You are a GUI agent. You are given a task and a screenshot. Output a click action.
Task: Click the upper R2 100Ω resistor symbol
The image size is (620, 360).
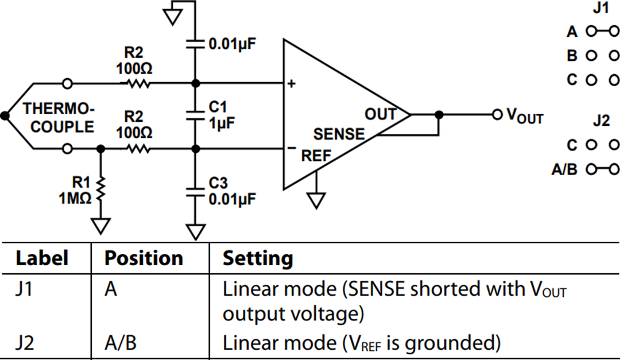click(x=137, y=84)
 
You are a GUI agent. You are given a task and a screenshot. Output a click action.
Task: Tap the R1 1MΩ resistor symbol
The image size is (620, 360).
click(x=101, y=190)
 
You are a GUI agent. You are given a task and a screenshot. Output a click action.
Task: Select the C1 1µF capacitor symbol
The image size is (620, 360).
click(x=195, y=115)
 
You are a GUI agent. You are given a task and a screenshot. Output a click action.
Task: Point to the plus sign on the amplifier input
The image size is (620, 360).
click(x=291, y=84)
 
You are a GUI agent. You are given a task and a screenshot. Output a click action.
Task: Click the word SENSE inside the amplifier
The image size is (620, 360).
click(x=339, y=134)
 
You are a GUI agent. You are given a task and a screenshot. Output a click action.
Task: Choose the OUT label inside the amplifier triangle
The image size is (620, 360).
click(x=381, y=114)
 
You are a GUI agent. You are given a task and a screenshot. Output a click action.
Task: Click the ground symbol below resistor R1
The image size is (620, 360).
click(x=101, y=226)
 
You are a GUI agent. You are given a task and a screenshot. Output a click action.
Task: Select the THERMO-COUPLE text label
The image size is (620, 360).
click(x=59, y=118)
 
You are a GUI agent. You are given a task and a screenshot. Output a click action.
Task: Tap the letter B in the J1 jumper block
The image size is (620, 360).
click(x=572, y=56)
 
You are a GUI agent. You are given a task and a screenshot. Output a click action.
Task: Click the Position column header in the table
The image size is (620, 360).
click(x=144, y=258)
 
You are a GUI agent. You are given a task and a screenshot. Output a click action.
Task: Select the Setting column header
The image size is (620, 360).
click(x=258, y=258)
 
